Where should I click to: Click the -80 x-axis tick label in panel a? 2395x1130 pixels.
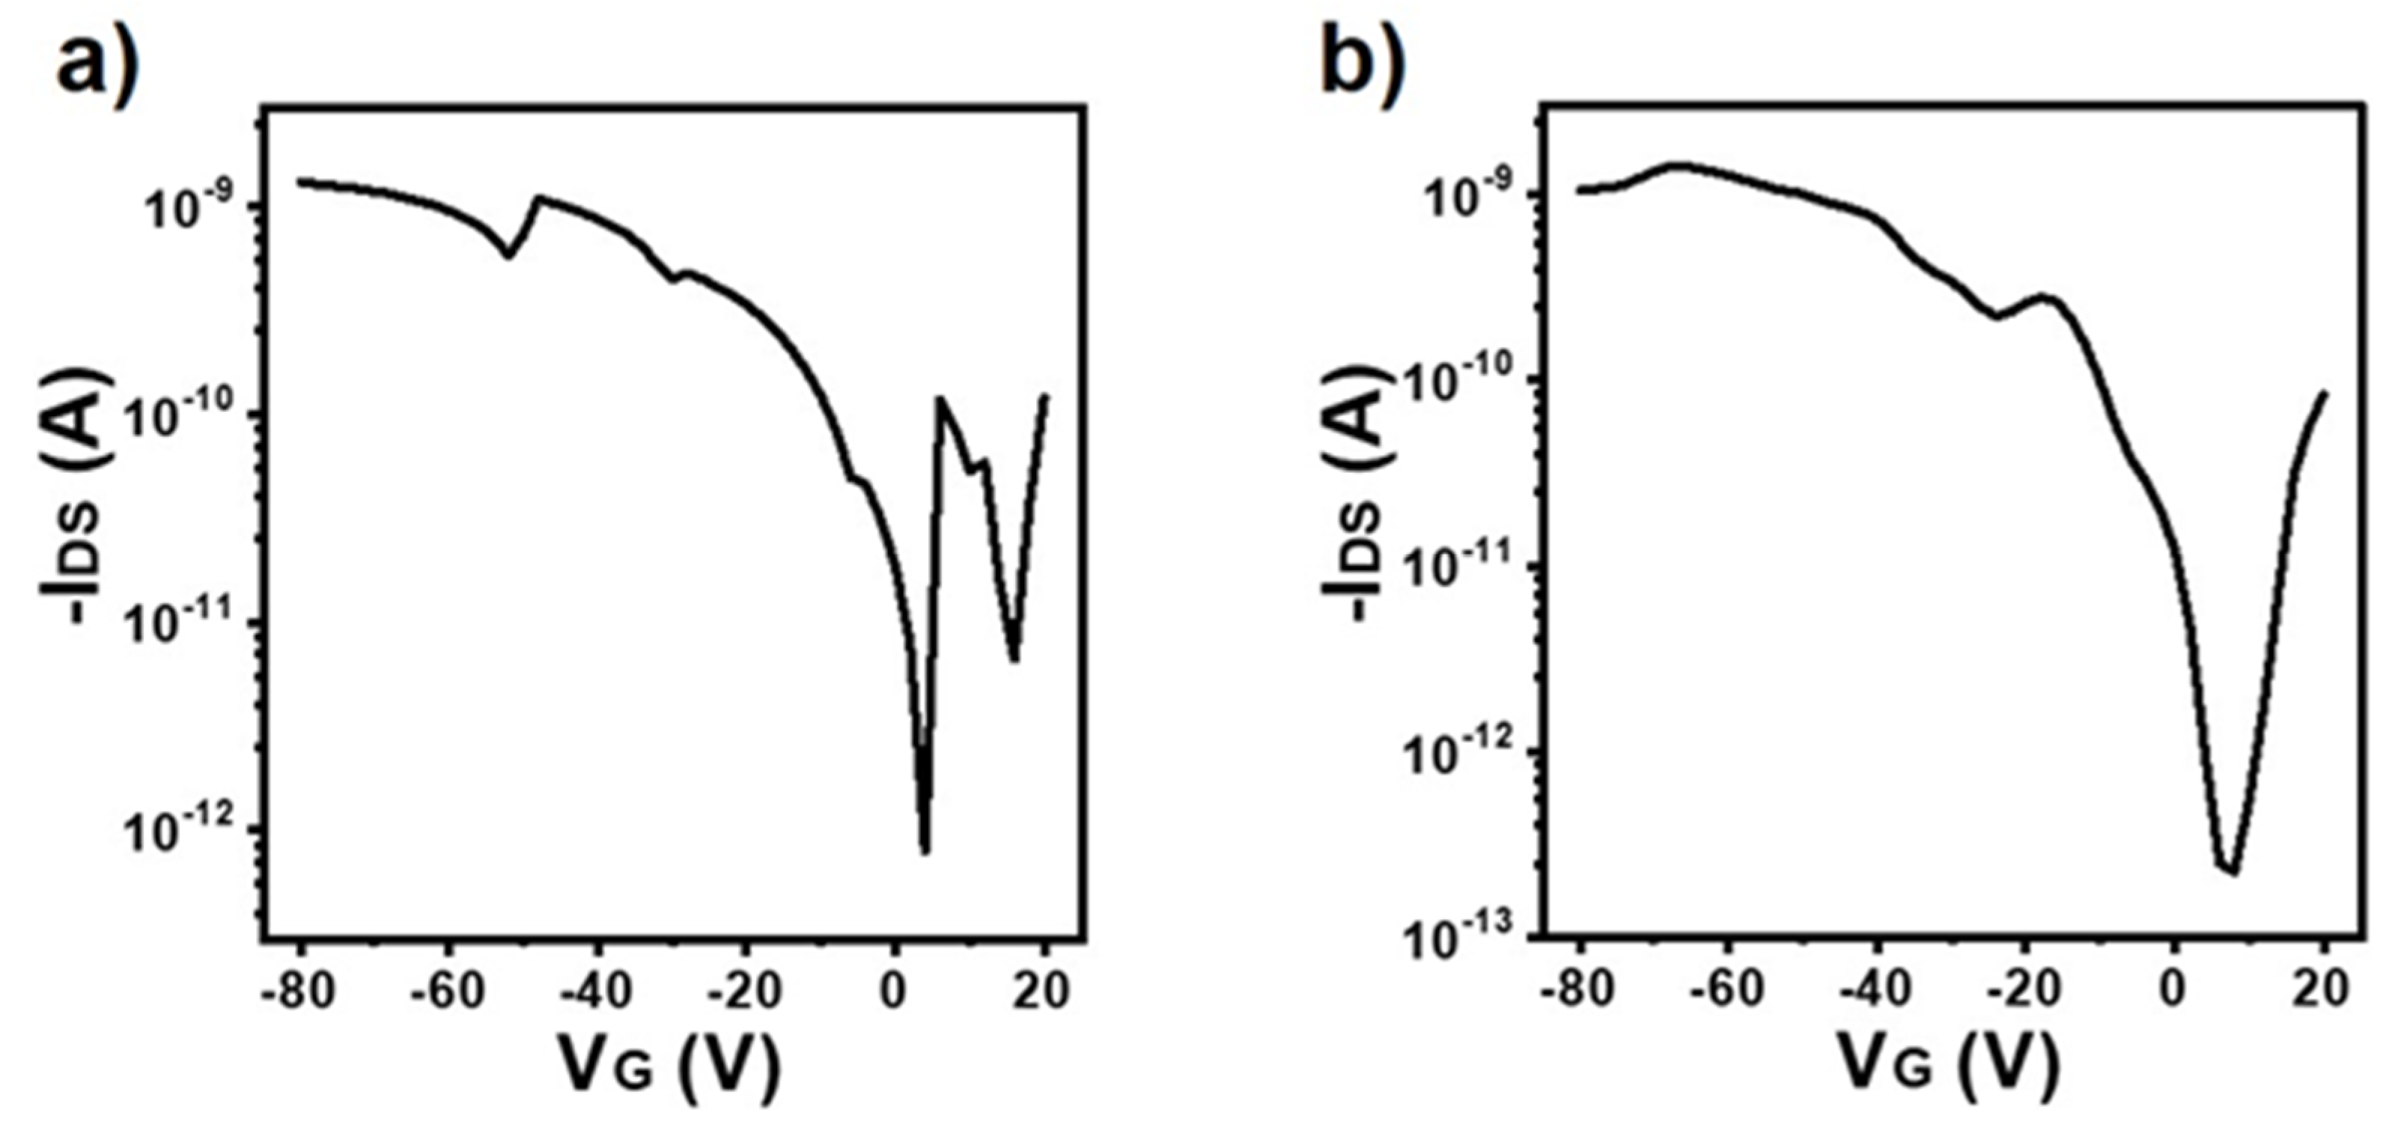[x=296, y=992]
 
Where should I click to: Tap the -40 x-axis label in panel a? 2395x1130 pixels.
[x=595, y=992]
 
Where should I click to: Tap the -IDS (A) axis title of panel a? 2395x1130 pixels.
[x=76, y=497]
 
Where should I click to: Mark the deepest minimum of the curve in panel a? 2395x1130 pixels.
[x=924, y=849]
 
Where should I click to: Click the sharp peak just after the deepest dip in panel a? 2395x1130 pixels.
[x=941, y=399]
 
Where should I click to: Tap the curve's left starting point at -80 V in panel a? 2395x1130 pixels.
[x=299, y=181]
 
